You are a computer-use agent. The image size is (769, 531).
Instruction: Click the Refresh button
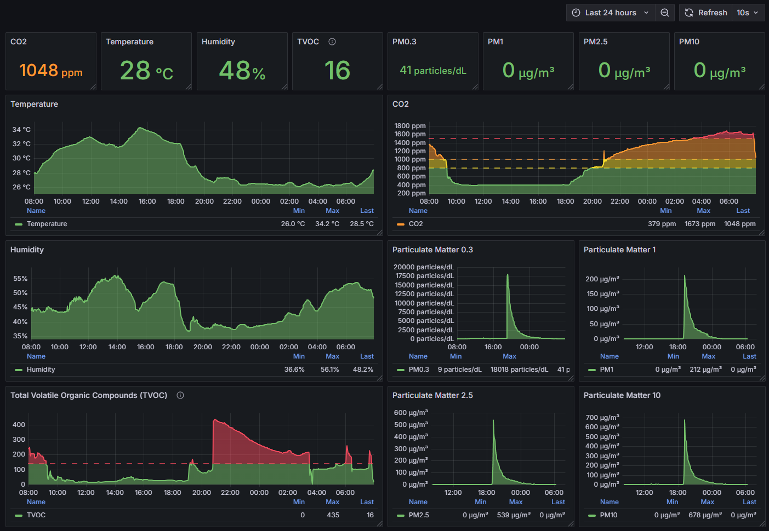706,13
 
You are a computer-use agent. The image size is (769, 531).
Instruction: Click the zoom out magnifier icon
665,13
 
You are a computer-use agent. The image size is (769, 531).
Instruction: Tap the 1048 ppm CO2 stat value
51,70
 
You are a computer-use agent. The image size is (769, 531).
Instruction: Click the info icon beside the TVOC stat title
332,42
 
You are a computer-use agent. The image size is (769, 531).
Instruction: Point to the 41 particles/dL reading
433,70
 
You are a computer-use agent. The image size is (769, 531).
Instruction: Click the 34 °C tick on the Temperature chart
21,130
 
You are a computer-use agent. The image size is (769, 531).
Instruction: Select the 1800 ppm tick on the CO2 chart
410,126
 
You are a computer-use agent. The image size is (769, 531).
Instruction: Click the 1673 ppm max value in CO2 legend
700,224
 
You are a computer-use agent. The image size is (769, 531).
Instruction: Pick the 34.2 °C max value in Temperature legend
327,224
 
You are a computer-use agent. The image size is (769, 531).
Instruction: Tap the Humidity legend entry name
41,370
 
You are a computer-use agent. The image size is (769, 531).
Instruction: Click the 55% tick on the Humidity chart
20,278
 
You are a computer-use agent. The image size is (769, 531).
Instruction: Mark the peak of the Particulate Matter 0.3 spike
508,274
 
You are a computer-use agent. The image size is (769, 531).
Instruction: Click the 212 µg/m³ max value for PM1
706,370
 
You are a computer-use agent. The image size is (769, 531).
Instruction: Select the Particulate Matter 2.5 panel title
432,395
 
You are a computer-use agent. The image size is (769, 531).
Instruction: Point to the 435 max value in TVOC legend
333,515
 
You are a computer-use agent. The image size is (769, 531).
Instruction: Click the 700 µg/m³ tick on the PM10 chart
602,418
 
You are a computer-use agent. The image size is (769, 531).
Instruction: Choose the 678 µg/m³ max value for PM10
705,515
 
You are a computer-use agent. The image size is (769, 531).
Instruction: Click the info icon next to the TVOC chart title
180,395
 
